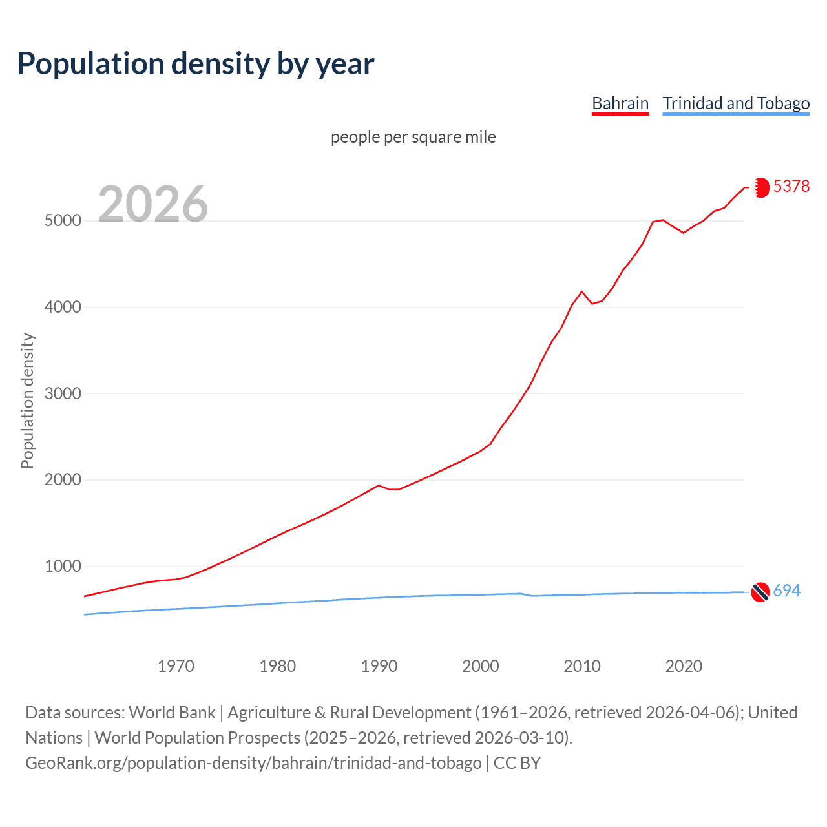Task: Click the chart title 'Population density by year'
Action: tap(196, 64)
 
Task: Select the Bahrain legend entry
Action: tap(620, 103)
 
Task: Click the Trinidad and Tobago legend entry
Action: tap(736, 103)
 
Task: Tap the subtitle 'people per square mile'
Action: tap(413, 137)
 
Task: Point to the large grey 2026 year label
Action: tap(153, 204)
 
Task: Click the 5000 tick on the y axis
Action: tap(63, 221)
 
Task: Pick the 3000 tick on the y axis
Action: tap(63, 393)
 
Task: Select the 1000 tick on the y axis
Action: tap(63, 567)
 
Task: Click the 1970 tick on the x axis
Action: tap(176, 666)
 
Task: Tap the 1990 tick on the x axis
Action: tap(379, 666)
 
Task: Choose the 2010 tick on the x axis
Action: tap(582, 666)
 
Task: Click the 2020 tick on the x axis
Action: tap(684, 666)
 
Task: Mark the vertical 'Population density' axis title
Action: tap(27, 401)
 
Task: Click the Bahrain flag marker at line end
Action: tap(761, 187)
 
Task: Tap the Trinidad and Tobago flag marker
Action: tap(760, 592)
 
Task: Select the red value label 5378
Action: tap(791, 186)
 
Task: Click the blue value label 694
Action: tap(786, 591)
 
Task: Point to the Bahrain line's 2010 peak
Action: tap(581, 292)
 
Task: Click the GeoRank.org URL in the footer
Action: tap(253, 763)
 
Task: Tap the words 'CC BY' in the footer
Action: tap(517, 763)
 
